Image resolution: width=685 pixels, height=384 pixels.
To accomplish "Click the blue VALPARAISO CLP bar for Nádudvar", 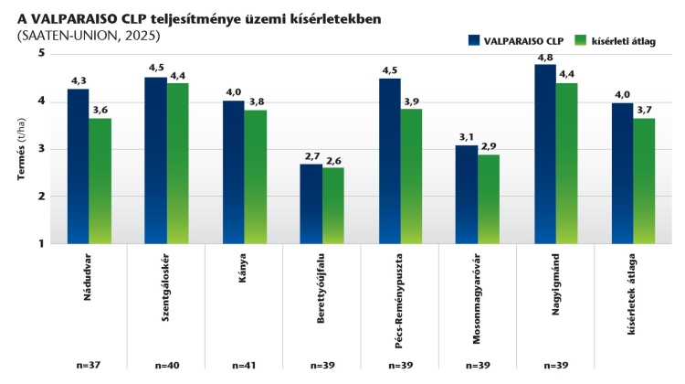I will (x=78, y=166).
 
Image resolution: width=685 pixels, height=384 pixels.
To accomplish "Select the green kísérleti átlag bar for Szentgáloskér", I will (x=178, y=164).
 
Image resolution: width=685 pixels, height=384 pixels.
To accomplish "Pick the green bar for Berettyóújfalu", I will (x=333, y=206).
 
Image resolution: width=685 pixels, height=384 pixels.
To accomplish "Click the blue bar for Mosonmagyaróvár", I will (x=466, y=194).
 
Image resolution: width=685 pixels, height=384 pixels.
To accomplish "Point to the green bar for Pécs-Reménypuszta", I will (x=411, y=176).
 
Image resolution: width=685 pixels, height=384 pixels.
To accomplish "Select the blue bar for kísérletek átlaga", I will (x=622, y=173).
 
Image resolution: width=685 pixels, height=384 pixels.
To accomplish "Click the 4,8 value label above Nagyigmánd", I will (x=544, y=57).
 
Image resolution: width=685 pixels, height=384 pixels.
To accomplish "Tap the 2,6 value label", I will (x=334, y=161).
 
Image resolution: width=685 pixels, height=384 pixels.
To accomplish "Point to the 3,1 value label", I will (x=467, y=137).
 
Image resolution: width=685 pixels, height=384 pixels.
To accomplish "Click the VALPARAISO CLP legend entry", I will (x=516, y=40).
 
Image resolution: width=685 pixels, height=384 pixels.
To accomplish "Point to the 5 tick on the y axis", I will (x=42, y=53).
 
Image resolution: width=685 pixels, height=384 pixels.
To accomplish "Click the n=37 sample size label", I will (x=89, y=365).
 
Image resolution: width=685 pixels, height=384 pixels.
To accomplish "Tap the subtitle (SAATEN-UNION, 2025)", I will (x=88, y=36).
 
